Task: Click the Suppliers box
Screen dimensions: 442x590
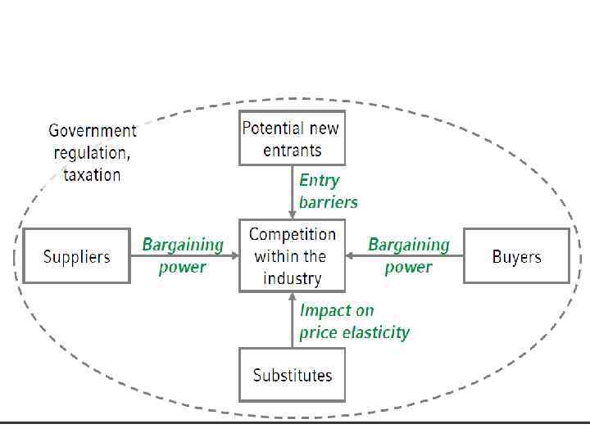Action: click(76, 256)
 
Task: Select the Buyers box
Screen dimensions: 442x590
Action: click(516, 256)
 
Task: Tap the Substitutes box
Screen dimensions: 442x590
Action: click(292, 376)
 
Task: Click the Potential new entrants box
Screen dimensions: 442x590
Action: click(292, 138)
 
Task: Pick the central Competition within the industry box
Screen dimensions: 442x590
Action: click(292, 256)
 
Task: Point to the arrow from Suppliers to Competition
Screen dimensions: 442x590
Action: click(184, 255)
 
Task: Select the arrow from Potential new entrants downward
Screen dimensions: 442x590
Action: click(293, 192)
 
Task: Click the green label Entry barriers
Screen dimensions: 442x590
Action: click(328, 191)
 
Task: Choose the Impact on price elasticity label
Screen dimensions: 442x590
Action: click(354, 321)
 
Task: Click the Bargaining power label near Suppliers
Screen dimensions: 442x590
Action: click(183, 255)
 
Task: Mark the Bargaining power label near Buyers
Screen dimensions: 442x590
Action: click(409, 255)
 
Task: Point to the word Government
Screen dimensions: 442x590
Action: click(93, 130)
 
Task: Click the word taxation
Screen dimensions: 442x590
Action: click(92, 174)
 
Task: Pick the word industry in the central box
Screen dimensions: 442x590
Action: click(292, 278)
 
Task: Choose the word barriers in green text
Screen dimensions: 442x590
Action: click(328, 201)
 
